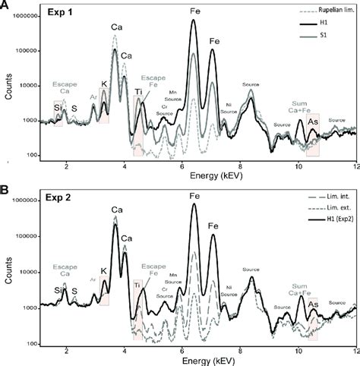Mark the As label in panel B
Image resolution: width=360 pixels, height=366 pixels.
pos(313,304)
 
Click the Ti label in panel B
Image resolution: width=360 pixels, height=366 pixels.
pos(138,286)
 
